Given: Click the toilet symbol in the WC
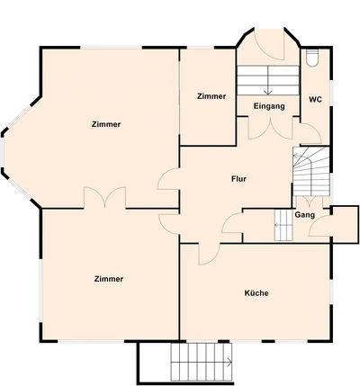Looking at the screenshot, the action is (x=311, y=57).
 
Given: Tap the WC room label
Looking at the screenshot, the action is (x=315, y=100).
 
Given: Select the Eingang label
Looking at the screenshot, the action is (x=269, y=106).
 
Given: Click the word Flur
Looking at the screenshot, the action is (x=238, y=179).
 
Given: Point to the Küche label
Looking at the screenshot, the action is (x=256, y=293).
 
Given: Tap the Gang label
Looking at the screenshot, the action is (x=305, y=215).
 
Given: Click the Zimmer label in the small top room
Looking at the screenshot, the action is (x=211, y=96).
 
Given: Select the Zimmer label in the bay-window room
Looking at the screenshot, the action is (x=106, y=124).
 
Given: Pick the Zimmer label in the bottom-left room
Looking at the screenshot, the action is (x=109, y=279).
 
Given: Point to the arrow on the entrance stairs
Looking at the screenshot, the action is (x=268, y=80).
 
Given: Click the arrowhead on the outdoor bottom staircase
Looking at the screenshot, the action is (x=230, y=363).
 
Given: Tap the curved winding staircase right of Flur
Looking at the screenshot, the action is (x=311, y=171).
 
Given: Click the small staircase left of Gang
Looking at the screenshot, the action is (x=283, y=225).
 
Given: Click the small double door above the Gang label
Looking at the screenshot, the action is (x=308, y=202).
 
